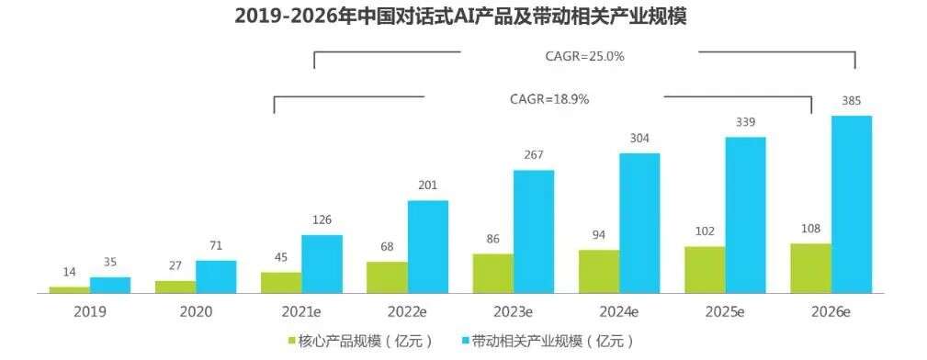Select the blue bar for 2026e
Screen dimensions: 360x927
point(851,204)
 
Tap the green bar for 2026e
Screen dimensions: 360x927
point(810,268)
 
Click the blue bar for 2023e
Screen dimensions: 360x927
point(533,231)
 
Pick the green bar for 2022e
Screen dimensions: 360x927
point(387,277)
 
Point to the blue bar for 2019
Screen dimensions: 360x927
point(110,285)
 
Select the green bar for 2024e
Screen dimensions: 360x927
point(599,271)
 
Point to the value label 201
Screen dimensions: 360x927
point(427,186)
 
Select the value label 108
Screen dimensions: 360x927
point(810,229)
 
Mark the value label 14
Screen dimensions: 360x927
point(70,273)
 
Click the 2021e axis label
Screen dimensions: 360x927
point(301,311)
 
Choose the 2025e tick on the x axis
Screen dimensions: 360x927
point(726,311)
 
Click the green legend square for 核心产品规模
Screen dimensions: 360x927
point(291,341)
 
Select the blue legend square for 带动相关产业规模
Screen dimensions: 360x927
point(465,341)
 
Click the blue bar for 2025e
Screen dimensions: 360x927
point(745,215)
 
